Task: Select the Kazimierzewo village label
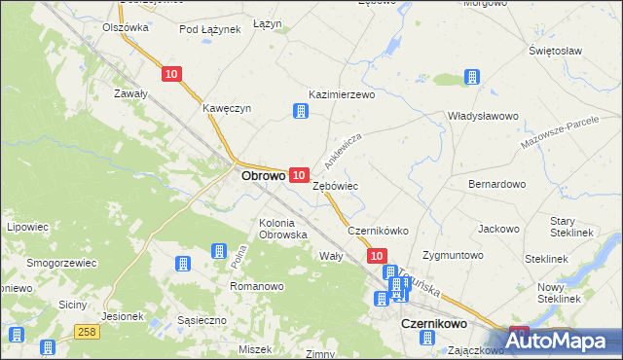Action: pyautogui.click(x=342, y=95)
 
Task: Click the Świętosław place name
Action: pyautogui.click(x=555, y=50)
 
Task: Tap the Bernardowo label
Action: pyautogui.click(x=497, y=183)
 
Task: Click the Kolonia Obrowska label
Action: pyautogui.click(x=283, y=228)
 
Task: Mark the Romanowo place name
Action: pyautogui.click(x=256, y=287)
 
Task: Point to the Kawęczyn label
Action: pyautogui.click(x=227, y=108)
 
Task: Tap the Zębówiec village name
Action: pyautogui.click(x=336, y=185)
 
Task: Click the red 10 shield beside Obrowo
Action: pyautogui.click(x=300, y=173)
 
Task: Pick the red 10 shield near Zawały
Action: pyautogui.click(x=172, y=74)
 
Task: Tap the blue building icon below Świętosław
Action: pyautogui.click(x=472, y=77)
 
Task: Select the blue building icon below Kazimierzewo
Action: pyautogui.click(x=301, y=112)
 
